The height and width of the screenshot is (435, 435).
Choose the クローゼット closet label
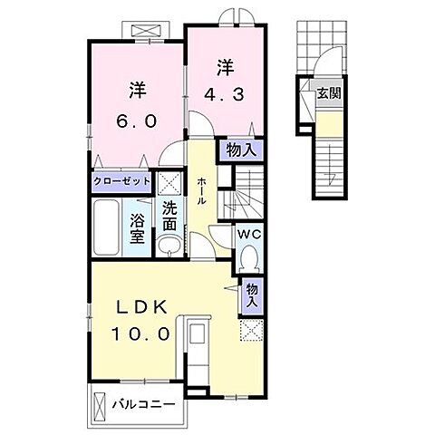120,180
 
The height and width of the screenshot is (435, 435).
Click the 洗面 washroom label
169,214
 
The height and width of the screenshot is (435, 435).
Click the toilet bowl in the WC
250,260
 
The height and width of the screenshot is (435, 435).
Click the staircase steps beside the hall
243,192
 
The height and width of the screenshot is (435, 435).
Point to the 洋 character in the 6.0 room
137,90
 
